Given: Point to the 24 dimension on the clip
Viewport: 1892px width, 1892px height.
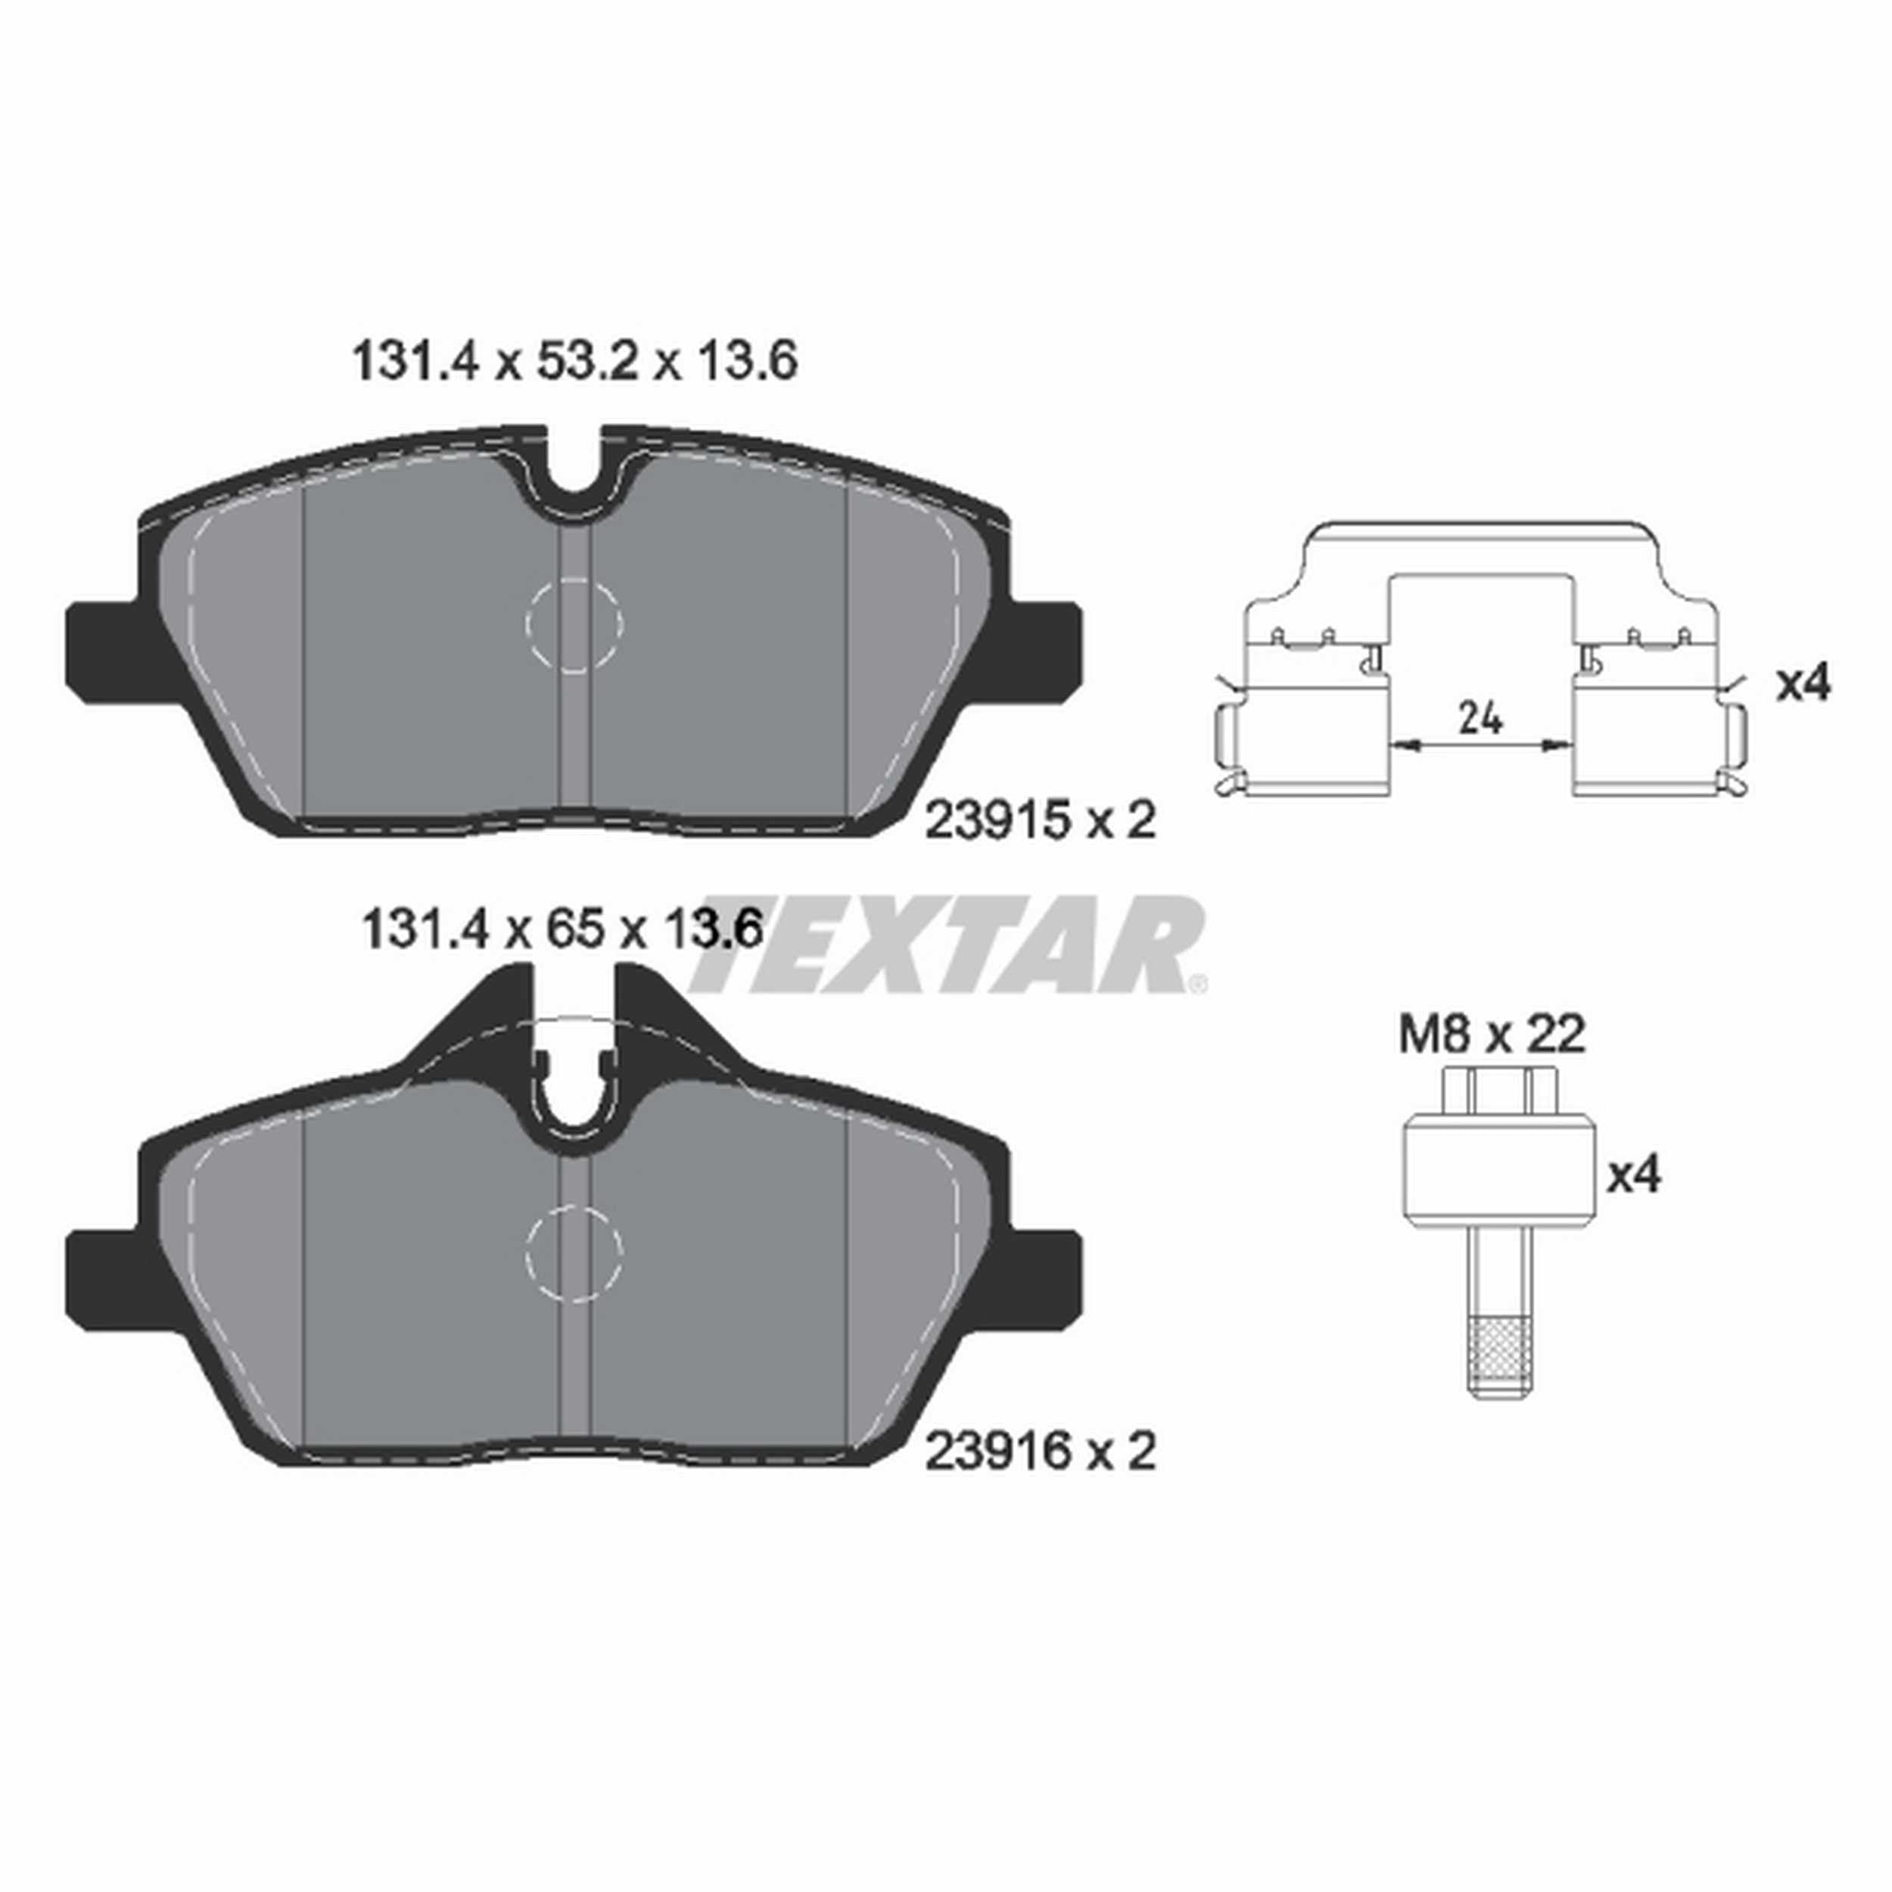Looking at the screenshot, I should (x=1480, y=720).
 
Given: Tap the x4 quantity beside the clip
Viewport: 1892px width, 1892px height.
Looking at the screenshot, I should (x=1802, y=683).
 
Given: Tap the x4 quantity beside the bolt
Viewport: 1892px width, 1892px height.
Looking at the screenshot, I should (x=1635, y=1175).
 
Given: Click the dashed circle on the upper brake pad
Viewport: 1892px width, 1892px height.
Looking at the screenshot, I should (x=575, y=624).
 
